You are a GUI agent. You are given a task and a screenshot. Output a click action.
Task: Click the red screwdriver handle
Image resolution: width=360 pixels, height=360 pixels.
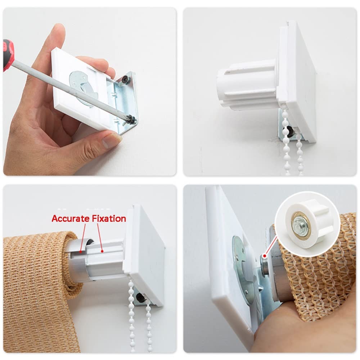(8, 55)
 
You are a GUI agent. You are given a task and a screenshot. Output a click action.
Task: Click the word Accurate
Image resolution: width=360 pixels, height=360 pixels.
(71, 219)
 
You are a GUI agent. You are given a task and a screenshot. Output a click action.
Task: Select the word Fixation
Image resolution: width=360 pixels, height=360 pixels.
(109, 219)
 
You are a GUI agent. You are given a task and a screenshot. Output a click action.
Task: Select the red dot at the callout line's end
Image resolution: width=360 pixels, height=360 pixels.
(265, 256)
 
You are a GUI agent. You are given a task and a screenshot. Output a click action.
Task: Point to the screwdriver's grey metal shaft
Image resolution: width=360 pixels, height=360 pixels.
(69, 90)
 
